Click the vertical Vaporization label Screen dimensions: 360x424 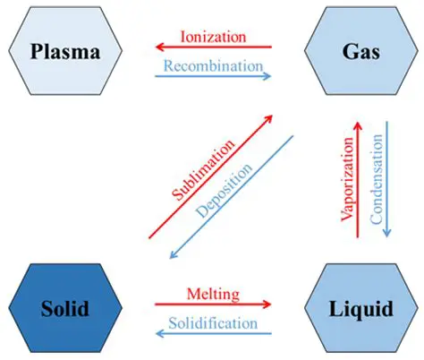click(344, 179)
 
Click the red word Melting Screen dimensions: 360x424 click(212, 292)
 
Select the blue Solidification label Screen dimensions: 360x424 click(212, 321)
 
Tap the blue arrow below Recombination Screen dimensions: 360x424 click(213, 76)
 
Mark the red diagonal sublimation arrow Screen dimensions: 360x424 click(211, 176)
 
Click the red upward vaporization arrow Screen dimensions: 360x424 click(358, 179)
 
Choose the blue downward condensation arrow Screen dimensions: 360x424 click(386, 179)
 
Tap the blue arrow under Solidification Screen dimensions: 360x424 click(212, 333)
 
